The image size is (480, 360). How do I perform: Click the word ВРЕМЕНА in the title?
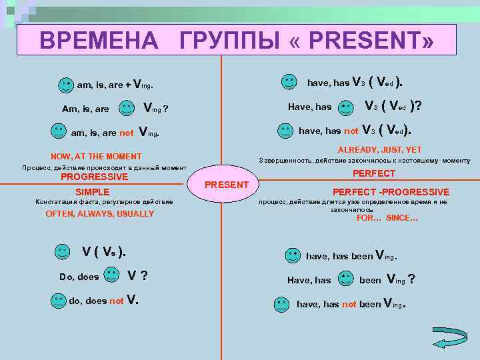pos(99,41)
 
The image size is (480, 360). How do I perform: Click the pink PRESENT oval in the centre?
pos(226,184)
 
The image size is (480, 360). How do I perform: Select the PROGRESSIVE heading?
pos(94,177)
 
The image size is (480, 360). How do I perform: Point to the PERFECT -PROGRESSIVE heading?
pos(391,192)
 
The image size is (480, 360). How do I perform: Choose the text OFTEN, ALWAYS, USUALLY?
pos(99,214)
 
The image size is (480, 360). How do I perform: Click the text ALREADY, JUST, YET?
pos(379,149)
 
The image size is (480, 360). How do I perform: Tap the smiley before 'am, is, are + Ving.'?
pos(65,85)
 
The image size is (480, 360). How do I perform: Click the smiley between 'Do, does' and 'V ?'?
pos(113,275)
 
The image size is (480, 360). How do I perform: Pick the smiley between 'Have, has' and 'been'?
pos(346,279)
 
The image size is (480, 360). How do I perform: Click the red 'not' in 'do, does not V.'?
pos(117,301)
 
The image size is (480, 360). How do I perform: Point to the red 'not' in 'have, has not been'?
pos(349,304)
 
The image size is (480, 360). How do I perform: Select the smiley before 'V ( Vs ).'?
pos(61,251)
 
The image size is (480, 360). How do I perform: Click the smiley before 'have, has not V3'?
pos(285,130)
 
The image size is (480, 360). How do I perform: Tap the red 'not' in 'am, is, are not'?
pos(127,133)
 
